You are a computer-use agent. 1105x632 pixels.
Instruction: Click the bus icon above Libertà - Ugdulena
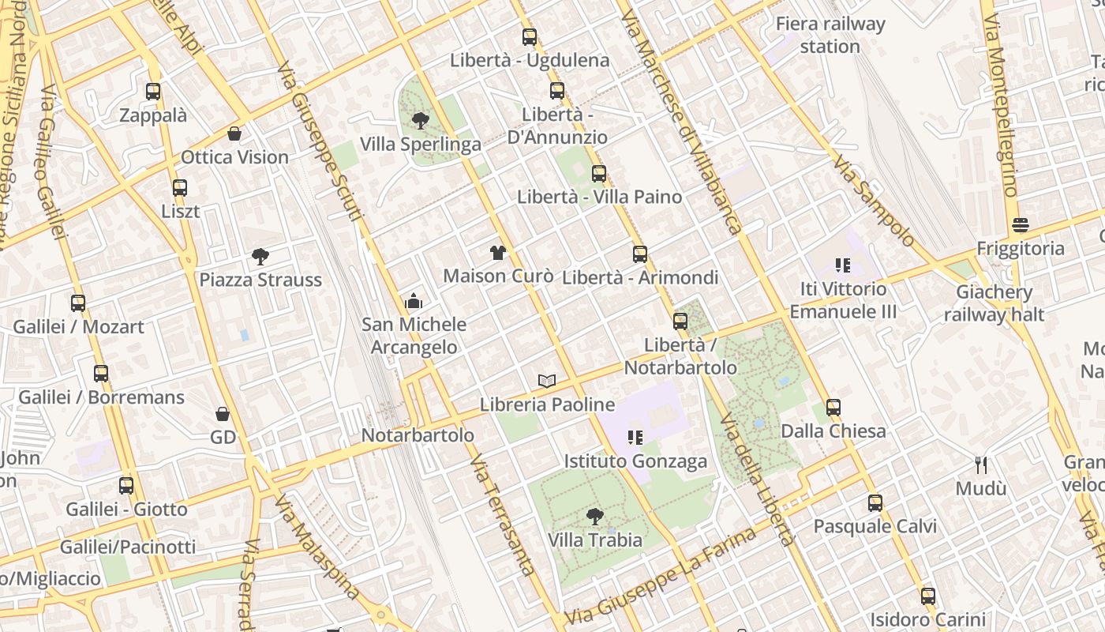(529, 36)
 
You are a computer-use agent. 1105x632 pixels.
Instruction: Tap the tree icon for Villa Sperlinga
(421, 121)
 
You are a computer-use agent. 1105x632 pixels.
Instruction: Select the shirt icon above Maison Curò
(498, 253)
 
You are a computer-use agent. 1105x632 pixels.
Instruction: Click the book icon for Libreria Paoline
(547, 381)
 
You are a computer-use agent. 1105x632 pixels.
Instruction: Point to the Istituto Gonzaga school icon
(635, 437)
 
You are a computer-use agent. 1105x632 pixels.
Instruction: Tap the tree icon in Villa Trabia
(595, 517)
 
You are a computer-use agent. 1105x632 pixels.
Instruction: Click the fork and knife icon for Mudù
(981, 465)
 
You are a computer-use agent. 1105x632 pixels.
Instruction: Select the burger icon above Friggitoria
(1021, 224)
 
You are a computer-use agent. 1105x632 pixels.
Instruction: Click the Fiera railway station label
(830, 35)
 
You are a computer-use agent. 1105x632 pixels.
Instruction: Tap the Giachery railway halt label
(994, 303)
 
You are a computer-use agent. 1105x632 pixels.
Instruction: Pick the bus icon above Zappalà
(153, 92)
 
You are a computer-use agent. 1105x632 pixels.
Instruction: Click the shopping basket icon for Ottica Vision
(234, 134)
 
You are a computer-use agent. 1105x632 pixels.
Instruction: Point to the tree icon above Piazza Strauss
(260, 256)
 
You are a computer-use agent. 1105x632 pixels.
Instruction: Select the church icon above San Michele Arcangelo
(414, 301)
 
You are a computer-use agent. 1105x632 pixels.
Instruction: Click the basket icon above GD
(223, 414)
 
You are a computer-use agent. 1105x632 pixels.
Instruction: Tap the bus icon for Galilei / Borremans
(101, 374)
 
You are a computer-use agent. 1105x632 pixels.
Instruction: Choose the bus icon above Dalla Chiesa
(833, 408)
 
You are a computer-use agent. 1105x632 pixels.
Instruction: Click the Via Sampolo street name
(874, 201)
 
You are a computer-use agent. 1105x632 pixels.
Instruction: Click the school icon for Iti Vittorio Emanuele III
(843, 265)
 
